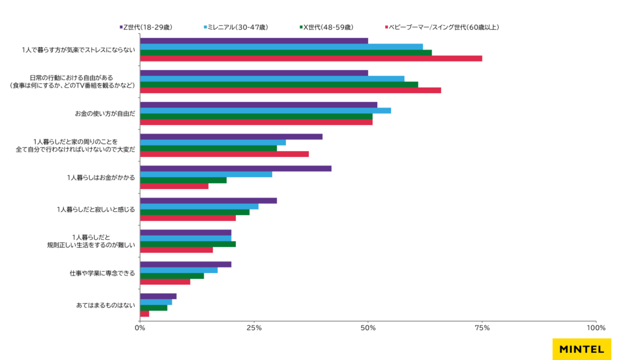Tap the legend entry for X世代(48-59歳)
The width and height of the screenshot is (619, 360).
(327, 27)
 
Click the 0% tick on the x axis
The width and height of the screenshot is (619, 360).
(140, 328)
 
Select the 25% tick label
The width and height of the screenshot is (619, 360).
(254, 328)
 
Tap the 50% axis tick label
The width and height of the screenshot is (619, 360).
(368, 328)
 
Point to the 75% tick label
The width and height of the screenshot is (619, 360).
(482, 328)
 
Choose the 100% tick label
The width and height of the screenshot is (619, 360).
(595, 328)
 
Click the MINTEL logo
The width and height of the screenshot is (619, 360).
(582, 349)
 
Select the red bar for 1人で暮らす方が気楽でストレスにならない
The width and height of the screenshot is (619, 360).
(311, 59)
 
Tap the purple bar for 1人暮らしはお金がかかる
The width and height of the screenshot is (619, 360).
(236, 169)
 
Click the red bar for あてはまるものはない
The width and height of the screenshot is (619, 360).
(144, 313)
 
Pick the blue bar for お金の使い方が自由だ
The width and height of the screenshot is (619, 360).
(265, 111)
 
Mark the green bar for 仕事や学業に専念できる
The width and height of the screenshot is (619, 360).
(172, 275)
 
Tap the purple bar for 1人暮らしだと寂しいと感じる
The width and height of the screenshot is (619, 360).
(208, 201)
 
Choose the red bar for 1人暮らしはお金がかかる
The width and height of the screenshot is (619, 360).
(174, 186)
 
